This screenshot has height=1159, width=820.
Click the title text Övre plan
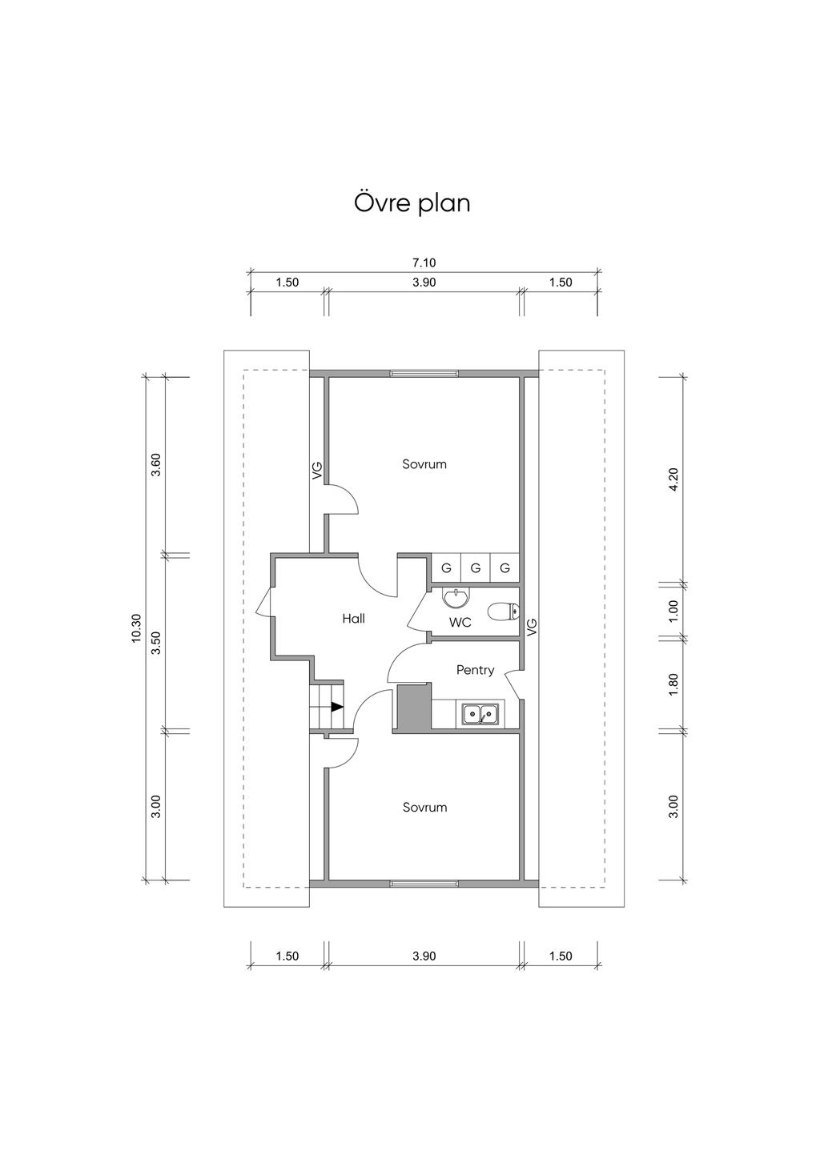[x=412, y=203]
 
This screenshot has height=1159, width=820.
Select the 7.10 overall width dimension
[x=424, y=262]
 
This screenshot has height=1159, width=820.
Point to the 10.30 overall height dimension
[x=136, y=628]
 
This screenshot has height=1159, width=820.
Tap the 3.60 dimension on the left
[x=157, y=464]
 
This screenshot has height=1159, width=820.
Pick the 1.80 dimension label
[x=673, y=683]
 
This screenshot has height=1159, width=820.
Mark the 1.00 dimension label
[x=673, y=610]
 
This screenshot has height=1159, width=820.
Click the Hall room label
[x=353, y=618]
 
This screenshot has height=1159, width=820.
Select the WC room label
[x=460, y=622]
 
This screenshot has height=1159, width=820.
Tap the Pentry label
[x=475, y=670]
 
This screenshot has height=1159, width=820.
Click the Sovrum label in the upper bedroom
[x=424, y=464]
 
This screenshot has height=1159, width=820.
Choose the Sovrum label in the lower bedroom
[x=424, y=808]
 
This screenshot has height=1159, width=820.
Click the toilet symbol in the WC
[x=504, y=612]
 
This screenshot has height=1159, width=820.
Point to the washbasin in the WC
[x=456, y=597]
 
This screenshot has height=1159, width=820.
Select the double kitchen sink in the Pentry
[x=480, y=712]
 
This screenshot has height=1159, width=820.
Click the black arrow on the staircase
[x=336, y=707]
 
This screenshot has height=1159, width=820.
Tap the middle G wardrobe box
[x=476, y=568]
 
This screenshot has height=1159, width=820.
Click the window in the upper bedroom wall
[x=424, y=373]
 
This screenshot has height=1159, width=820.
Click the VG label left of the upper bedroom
[x=317, y=470]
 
